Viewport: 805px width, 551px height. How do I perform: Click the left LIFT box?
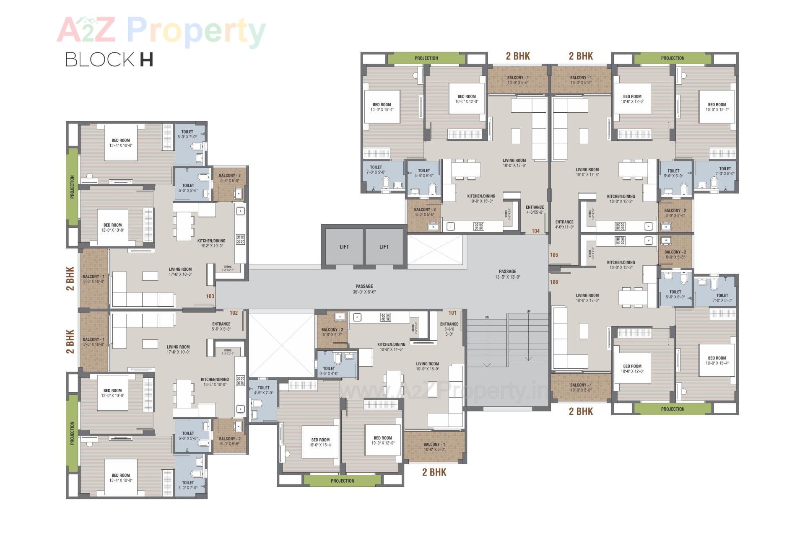(x=344, y=247)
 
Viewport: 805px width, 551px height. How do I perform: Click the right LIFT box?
(x=384, y=247)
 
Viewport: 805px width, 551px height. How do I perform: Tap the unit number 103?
(x=210, y=296)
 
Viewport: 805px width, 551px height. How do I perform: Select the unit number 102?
(x=234, y=313)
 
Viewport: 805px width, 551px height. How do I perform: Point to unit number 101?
(x=452, y=313)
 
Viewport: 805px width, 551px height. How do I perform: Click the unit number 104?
(x=535, y=231)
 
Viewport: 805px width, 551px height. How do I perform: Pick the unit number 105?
(x=554, y=255)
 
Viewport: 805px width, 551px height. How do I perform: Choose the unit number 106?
(x=554, y=282)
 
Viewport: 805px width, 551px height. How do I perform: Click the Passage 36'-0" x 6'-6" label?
(x=364, y=289)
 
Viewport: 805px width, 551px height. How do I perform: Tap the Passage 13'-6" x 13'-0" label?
(x=507, y=274)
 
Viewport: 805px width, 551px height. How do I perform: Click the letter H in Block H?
(x=146, y=59)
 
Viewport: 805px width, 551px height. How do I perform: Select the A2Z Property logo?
(x=161, y=30)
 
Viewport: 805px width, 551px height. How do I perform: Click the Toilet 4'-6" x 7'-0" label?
(x=263, y=391)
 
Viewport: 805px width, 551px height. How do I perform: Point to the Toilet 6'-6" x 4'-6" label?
(x=329, y=371)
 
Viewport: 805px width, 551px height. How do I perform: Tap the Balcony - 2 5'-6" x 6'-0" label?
(x=230, y=178)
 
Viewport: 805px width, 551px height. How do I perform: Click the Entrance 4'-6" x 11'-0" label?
(x=564, y=225)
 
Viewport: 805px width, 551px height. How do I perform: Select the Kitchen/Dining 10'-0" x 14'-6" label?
(x=391, y=347)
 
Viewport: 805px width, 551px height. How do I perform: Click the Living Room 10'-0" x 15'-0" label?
(x=427, y=366)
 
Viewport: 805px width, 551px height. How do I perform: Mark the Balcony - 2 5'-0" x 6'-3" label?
(x=332, y=332)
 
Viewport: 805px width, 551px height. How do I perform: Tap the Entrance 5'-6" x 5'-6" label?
(x=221, y=326)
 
